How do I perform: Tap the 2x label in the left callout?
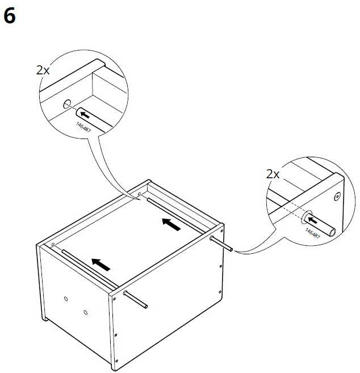(x=43, y=70)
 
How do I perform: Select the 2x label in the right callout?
(x=273, y=174)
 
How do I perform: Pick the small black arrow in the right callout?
(x=312, y=220)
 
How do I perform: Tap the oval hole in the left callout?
(x=68, y=104)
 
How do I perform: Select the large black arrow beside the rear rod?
(x=171, y=224)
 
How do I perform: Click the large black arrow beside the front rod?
(x=101, y=264)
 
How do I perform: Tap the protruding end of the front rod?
(x=146, y=307)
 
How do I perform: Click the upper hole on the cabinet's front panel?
(x=66, y=299)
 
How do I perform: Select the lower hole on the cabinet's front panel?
(x=85, y=312)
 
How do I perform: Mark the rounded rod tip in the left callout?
(x=79, y=112)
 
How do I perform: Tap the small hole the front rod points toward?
(x=53, y=245)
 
